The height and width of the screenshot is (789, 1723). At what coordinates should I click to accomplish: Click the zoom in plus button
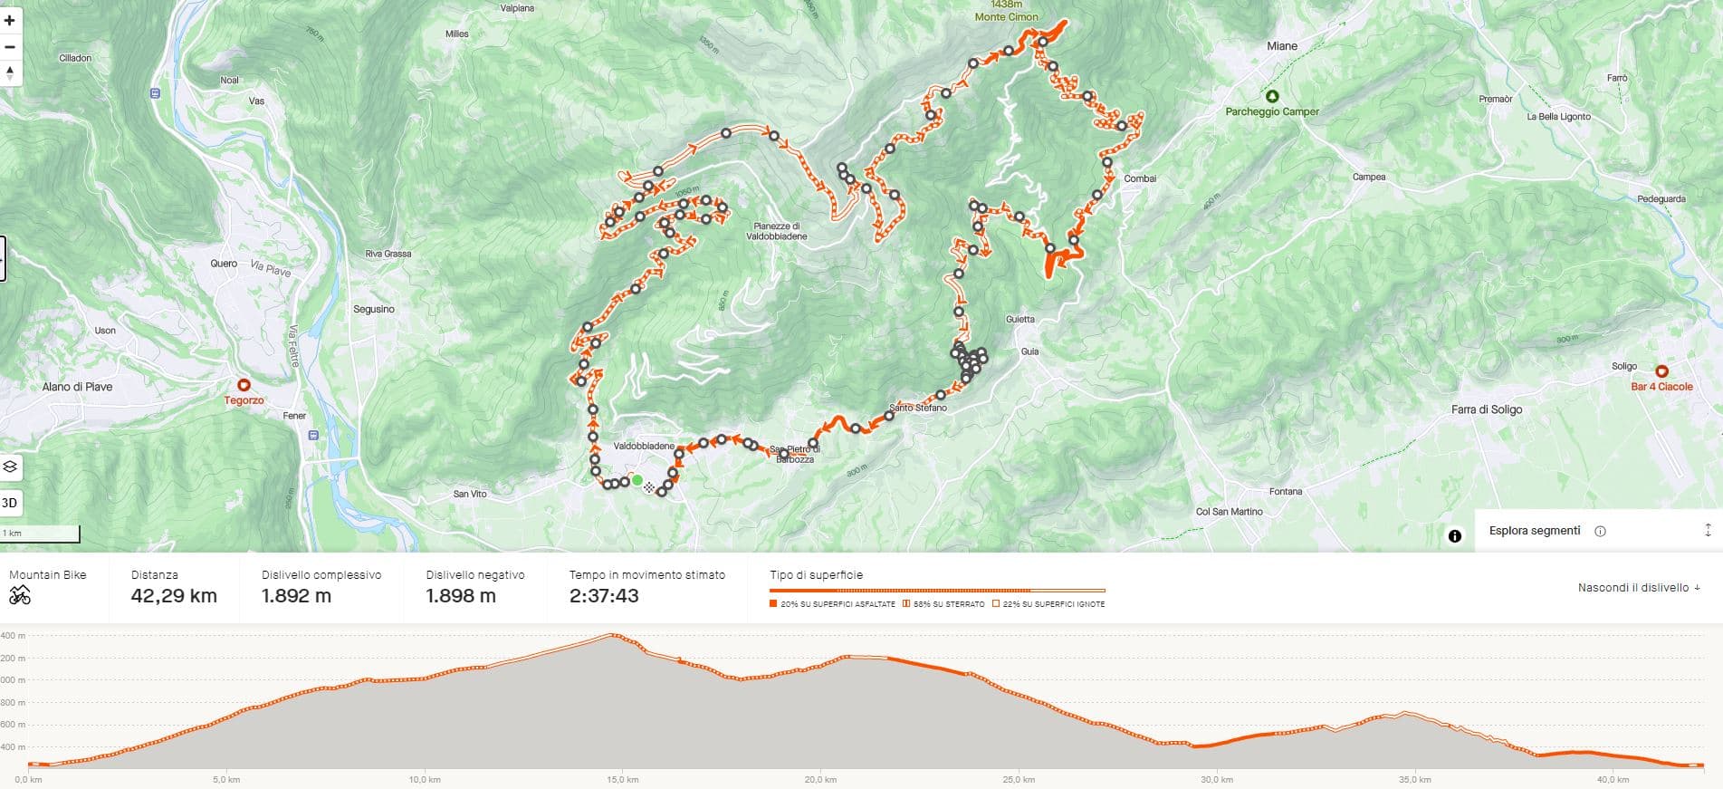pos(10,20)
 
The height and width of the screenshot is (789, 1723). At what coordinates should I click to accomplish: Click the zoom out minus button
pos(10,46)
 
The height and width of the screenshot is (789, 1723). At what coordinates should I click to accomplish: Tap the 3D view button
pos(10,503)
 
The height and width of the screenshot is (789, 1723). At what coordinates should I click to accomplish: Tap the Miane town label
pos(1281,46)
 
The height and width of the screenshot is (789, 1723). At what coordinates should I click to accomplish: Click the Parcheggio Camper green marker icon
pos(1272,96)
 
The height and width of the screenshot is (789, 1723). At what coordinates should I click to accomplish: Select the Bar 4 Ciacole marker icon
pos(1661,371)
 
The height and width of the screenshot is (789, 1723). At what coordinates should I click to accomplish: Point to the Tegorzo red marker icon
pos(244,385)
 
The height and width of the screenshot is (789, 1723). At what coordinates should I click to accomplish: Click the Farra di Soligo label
pos(1487,409)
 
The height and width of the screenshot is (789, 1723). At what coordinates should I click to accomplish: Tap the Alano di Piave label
pos(77,387)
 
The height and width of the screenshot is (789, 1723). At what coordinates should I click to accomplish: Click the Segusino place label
pos(373,309)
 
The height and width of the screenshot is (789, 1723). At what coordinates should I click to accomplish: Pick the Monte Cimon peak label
pos(1006,16)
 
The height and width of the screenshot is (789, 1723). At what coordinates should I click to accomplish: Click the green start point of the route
pos(637,480)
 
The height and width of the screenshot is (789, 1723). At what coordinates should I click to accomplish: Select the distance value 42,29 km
pos(174,596)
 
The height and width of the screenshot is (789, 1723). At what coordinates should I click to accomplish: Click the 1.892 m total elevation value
pos(296,596)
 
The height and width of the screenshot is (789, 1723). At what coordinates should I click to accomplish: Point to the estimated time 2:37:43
pos(604,596)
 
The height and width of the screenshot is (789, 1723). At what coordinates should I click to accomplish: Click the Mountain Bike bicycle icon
pos(19,595)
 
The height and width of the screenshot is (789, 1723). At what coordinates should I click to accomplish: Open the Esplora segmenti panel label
pos(1535,531)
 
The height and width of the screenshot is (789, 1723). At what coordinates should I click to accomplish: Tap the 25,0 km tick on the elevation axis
pos(1019,779)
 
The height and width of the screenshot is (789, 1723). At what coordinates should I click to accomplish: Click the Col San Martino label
pos(1229,512)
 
